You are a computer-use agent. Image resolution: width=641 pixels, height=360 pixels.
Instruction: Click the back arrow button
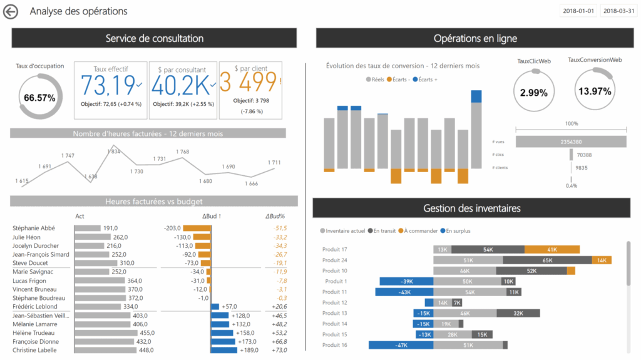click(11, 12)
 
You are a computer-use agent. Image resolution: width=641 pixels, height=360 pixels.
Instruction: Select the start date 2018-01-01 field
click(578, 11)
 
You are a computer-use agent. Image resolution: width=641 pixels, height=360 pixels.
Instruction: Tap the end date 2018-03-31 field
click(618, 11)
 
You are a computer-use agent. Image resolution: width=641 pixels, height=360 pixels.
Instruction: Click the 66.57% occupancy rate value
click(39, 98)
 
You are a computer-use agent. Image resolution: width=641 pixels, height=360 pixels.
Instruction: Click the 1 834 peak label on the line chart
click(114, 152)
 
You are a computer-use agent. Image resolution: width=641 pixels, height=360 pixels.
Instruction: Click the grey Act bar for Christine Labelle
click(104, 350)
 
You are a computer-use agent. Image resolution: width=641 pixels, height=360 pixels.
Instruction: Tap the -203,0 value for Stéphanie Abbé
click(173, 229)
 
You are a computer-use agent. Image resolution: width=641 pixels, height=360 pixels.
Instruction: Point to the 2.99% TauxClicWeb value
click(534, 93)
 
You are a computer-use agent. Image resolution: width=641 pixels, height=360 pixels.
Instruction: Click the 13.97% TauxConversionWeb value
click(594, 91)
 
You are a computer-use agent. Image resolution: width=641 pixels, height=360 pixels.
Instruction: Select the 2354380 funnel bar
click(572, 142)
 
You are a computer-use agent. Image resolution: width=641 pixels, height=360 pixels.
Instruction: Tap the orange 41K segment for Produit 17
click(551, 249)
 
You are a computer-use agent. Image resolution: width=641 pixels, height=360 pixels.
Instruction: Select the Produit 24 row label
click(335, 260)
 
